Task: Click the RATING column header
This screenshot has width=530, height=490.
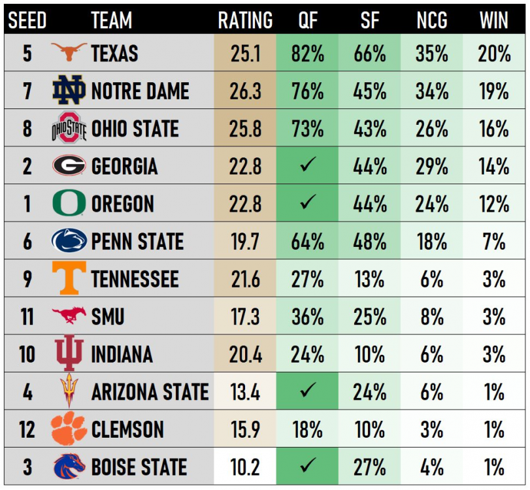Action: click(x=245, y=20)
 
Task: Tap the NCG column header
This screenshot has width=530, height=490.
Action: click(x=432, y=20)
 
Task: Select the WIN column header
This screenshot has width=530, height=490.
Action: click(x=494, y=20)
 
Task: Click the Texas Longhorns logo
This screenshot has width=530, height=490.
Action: click(x=69, y=52)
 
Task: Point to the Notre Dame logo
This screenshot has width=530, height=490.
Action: click(x=69, y=90)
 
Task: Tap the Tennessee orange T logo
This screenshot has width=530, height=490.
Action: click(x=69, y=278)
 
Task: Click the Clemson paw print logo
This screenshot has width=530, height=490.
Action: click(x=69, y=429)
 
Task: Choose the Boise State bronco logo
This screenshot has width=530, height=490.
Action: click(x=69, y=466)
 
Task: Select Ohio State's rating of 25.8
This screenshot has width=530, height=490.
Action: click(x=245, y=128)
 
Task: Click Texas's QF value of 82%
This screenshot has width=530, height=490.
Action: click(x=307, y=53)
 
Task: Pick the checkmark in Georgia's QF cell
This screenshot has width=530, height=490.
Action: click(x=307, y=166)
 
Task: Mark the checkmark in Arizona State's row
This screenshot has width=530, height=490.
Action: click(x=307, y=392)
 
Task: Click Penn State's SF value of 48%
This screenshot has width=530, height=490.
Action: click(x=369, y=241)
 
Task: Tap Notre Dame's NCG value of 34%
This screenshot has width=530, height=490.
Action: click(x=432, y=91)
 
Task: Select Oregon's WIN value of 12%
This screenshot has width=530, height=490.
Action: click(x=494, y=204)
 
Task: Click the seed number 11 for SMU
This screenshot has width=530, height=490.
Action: click(x=27, y=317)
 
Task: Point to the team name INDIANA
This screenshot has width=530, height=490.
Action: click(x=122, y=355)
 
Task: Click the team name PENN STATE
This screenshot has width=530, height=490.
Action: click(x=137, y=241)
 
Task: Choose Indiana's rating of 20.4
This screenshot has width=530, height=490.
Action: click(x=245, y=355)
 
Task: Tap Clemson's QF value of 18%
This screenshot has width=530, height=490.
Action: click(x=307, y=430)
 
